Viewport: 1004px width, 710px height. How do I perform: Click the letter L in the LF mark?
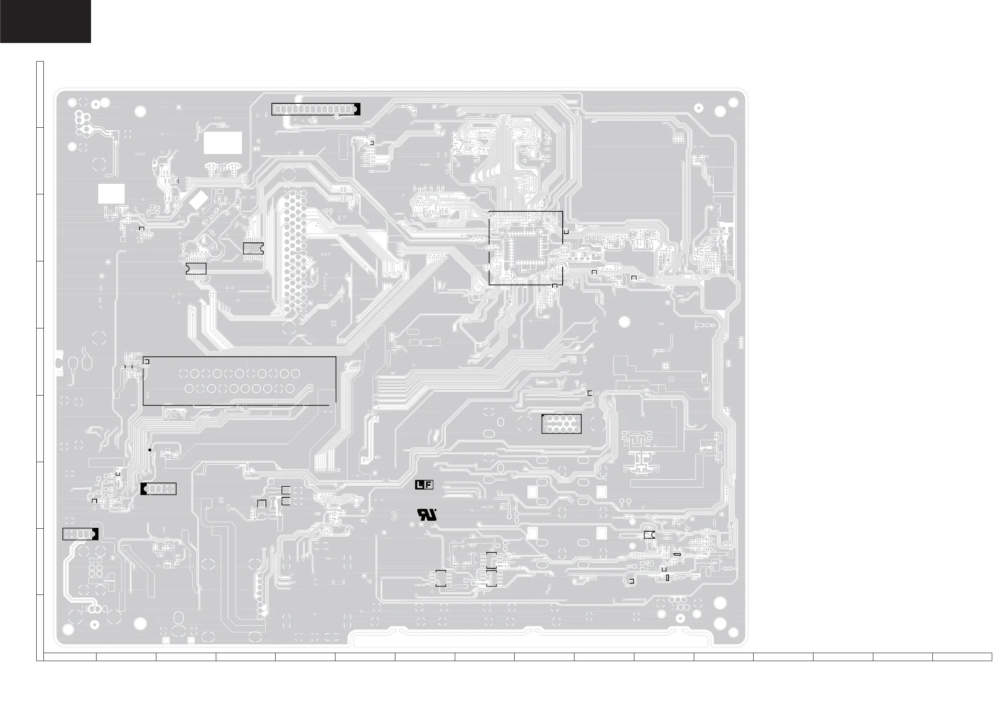419,485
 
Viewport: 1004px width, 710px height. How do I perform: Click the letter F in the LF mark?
428,485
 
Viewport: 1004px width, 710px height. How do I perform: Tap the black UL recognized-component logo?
427,515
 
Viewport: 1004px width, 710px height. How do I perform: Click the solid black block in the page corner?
46,21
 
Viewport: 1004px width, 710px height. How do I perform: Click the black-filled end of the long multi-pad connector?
357,109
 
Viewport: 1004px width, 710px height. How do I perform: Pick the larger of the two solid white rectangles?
223,143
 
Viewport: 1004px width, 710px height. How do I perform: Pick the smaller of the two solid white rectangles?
111,194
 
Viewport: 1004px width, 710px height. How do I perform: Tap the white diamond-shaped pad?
199,200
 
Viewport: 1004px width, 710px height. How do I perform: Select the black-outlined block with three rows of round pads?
561,424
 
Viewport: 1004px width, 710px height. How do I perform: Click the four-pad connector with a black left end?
158,489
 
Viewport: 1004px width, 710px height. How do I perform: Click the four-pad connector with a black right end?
81,534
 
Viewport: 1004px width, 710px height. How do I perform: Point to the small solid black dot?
150,450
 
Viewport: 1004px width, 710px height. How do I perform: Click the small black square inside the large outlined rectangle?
147,362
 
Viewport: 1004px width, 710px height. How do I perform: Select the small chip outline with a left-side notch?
196,269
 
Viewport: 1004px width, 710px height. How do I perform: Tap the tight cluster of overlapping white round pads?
82,124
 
